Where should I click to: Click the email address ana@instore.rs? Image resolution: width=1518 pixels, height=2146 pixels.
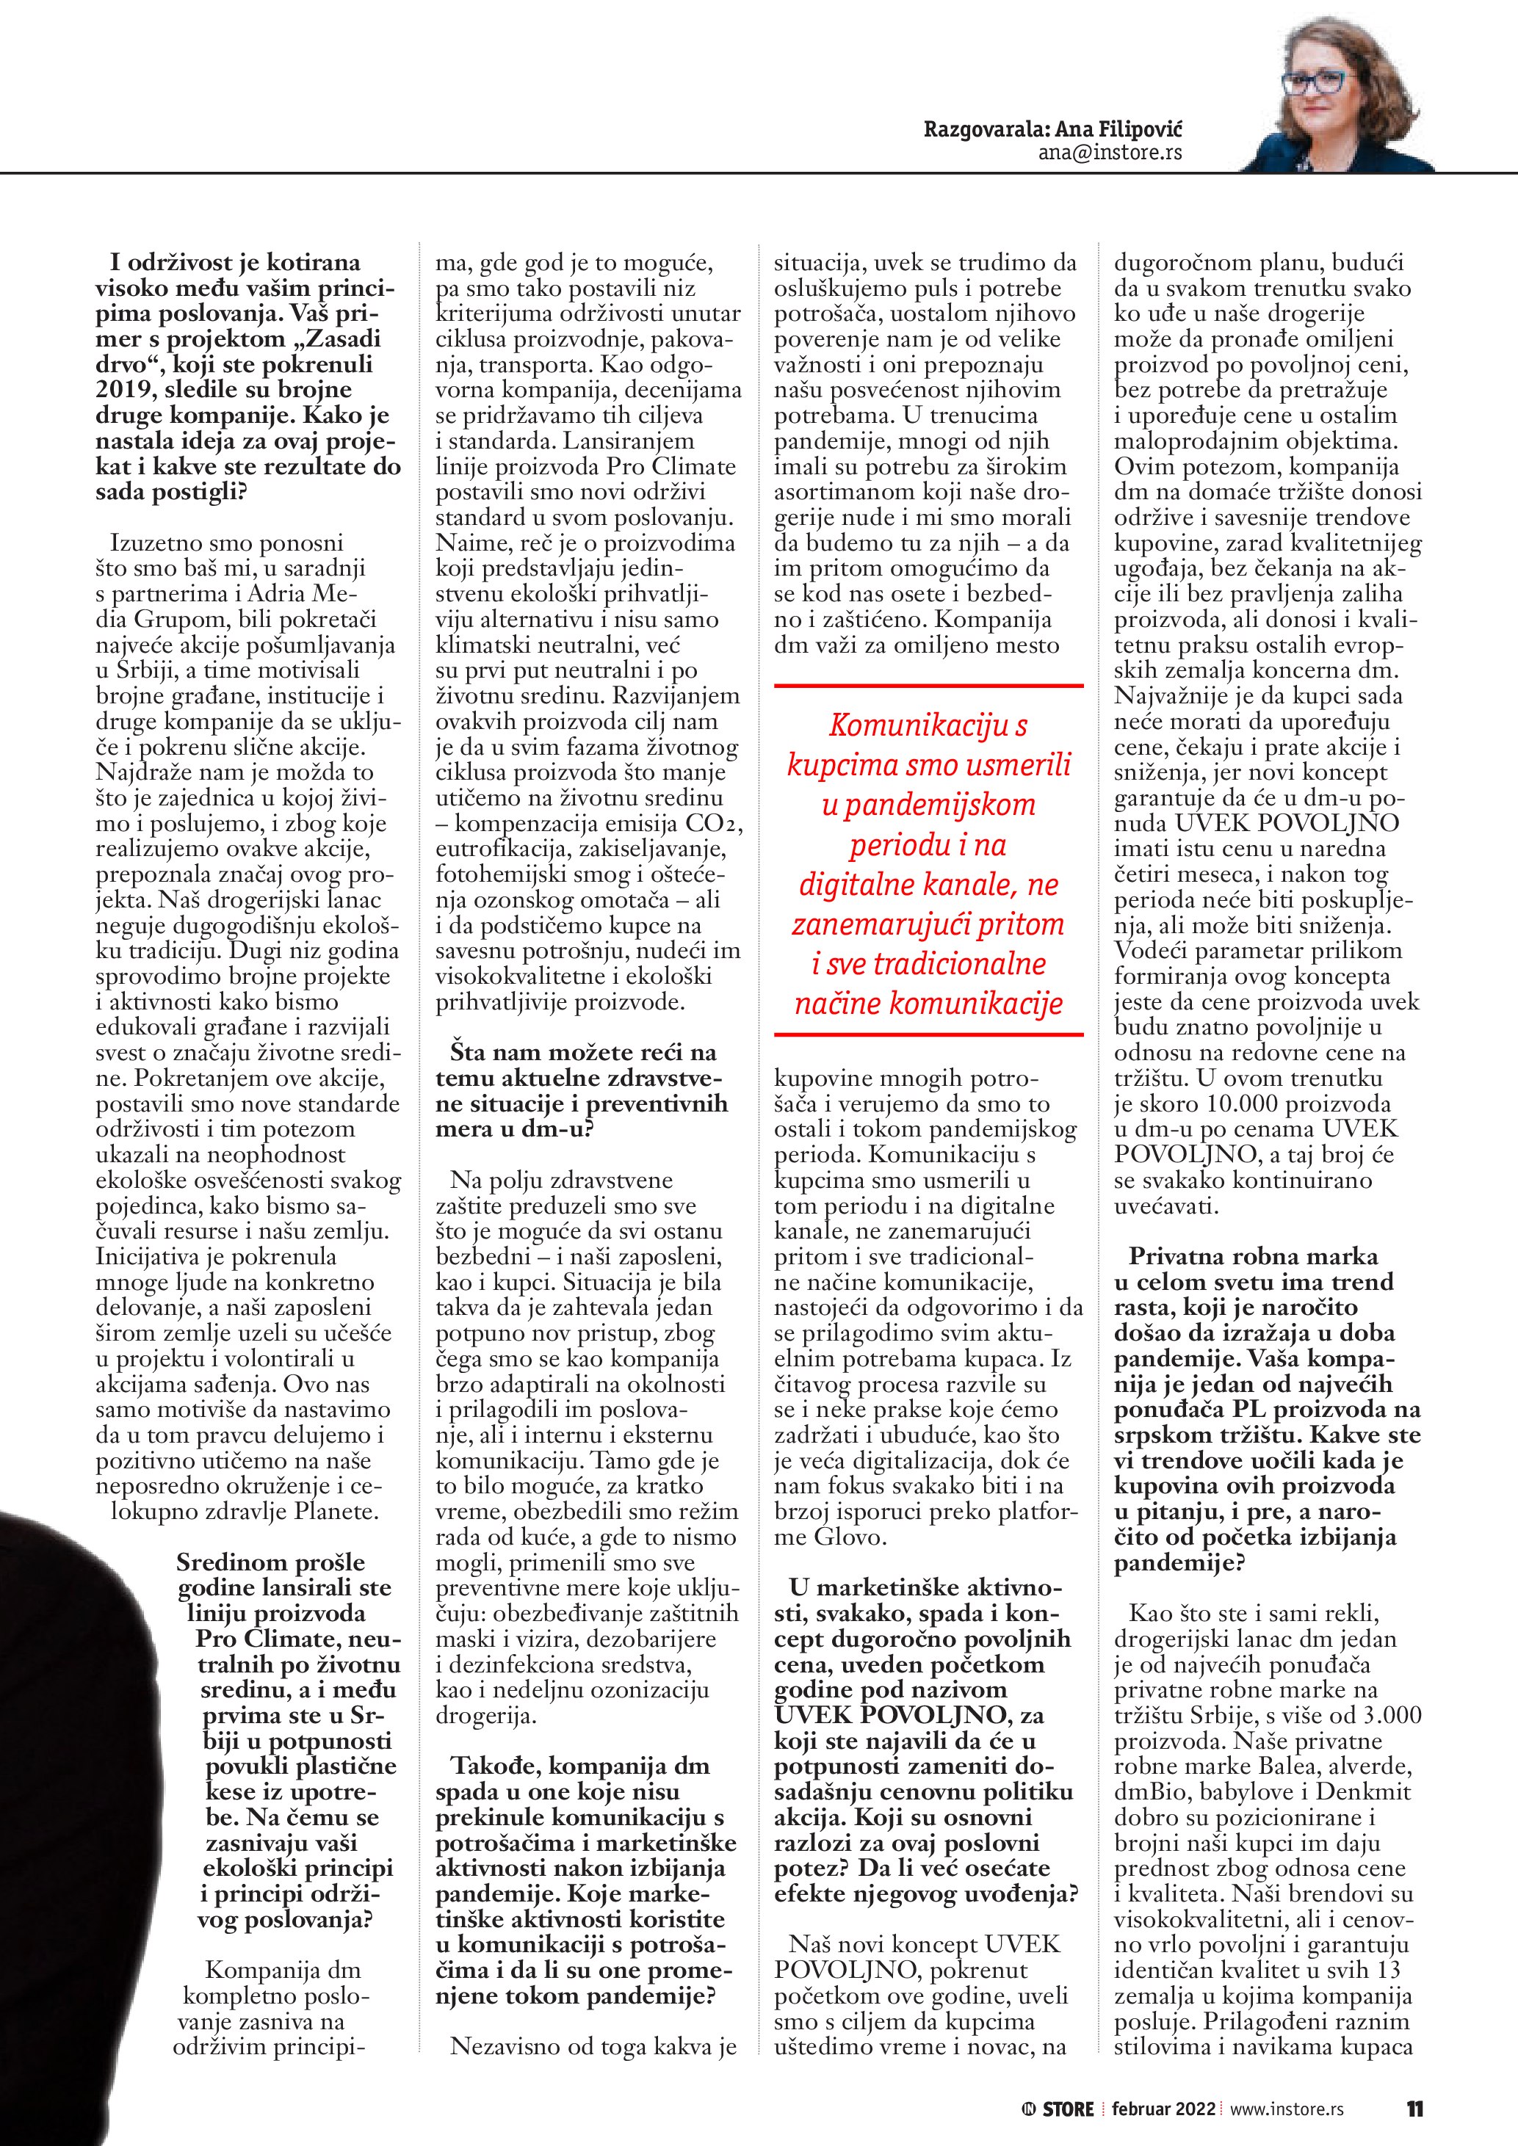(1110, 153)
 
